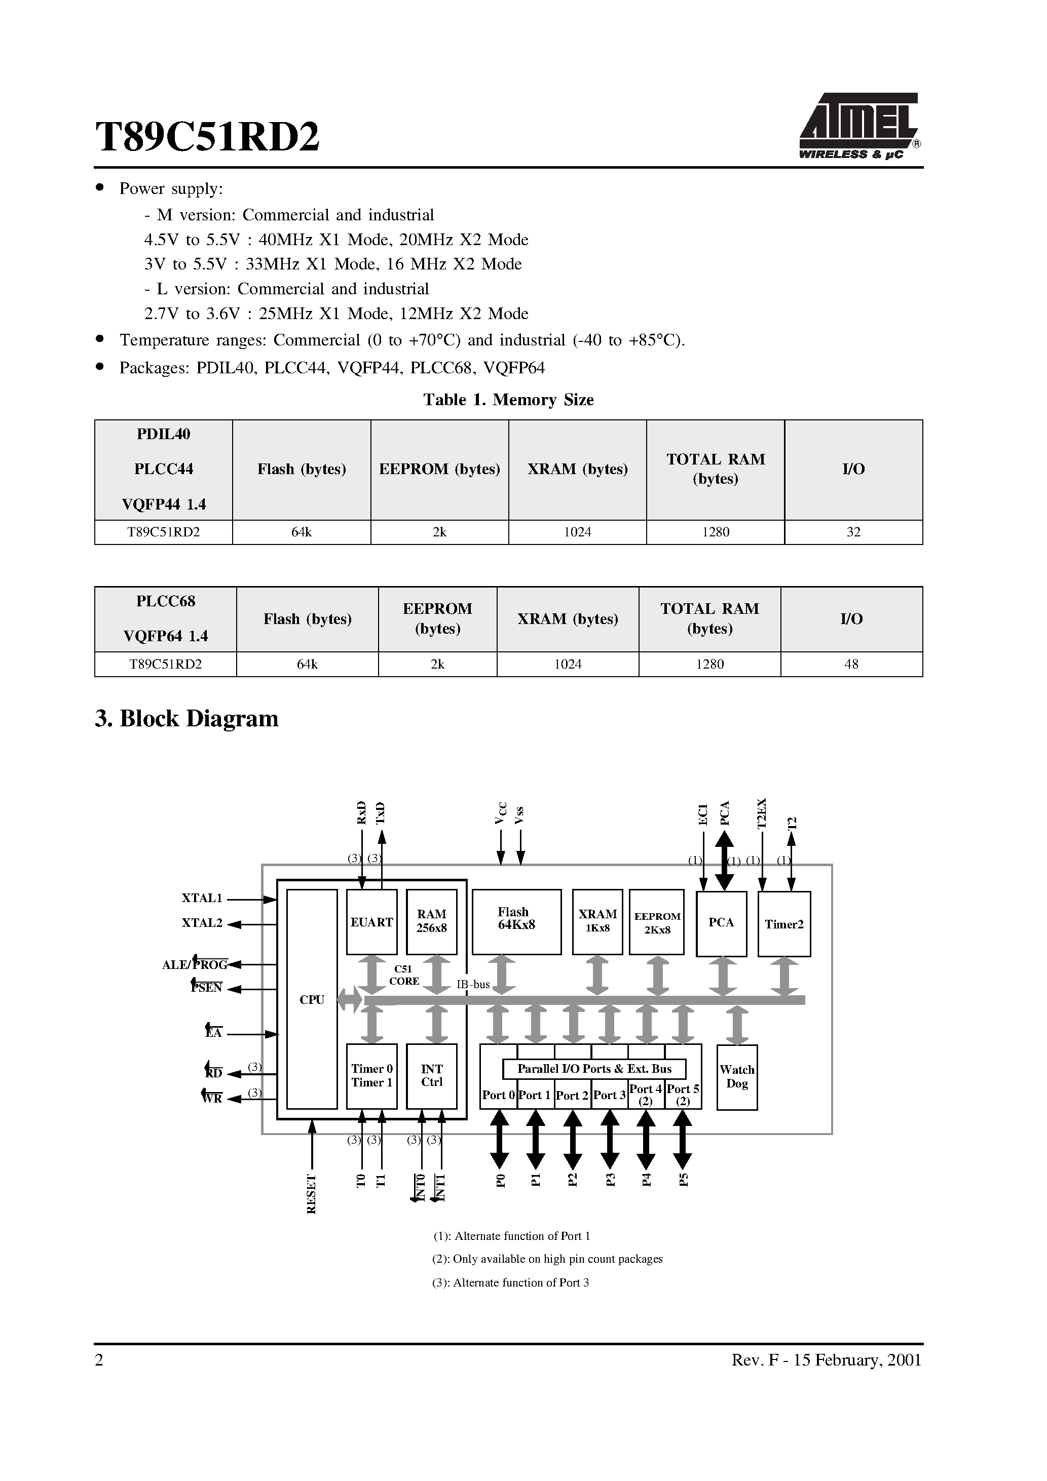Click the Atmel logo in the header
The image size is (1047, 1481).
pos(859,126)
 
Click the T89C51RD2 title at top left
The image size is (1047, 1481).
pos(207,137)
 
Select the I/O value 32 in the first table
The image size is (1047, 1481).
pos(853,532)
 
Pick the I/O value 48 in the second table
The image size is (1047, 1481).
pos(851,664)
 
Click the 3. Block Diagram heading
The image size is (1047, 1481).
pos(186,719)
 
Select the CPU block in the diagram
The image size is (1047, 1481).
pos(312,999)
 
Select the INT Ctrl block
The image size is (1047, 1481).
pos(431,1075)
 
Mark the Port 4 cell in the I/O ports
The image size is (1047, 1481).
pos(646,1095)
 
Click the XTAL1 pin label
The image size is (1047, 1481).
pos(202,898)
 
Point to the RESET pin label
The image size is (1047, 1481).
pos(312,1194)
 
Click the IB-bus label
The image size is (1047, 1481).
pos(473,984)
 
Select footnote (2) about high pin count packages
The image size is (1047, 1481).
pos(547,1259)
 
